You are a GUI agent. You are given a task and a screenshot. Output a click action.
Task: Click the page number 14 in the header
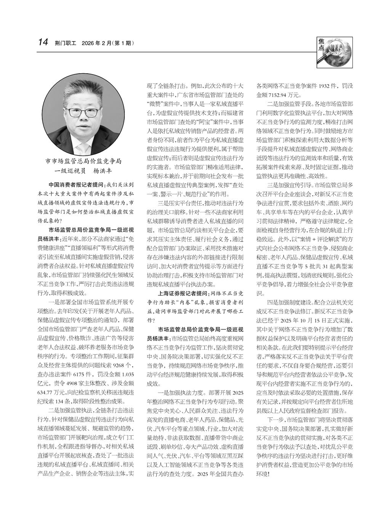[42, 42]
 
